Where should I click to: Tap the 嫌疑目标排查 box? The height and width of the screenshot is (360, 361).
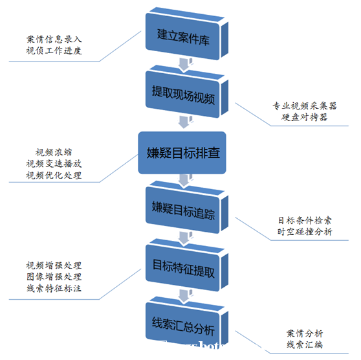click(183, 153)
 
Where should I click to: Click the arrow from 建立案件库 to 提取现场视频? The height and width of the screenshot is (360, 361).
click(184, 63)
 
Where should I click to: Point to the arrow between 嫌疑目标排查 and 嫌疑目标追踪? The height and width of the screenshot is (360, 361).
click(184, 181)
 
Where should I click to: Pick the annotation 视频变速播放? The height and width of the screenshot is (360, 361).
click(54, 163)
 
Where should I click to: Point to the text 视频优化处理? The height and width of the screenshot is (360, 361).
click(54, 175)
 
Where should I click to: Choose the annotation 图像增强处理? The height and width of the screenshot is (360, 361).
click(54, 276)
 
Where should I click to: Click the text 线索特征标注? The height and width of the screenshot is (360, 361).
click(54, 288)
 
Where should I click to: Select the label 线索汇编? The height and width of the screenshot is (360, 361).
click(305, 345)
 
